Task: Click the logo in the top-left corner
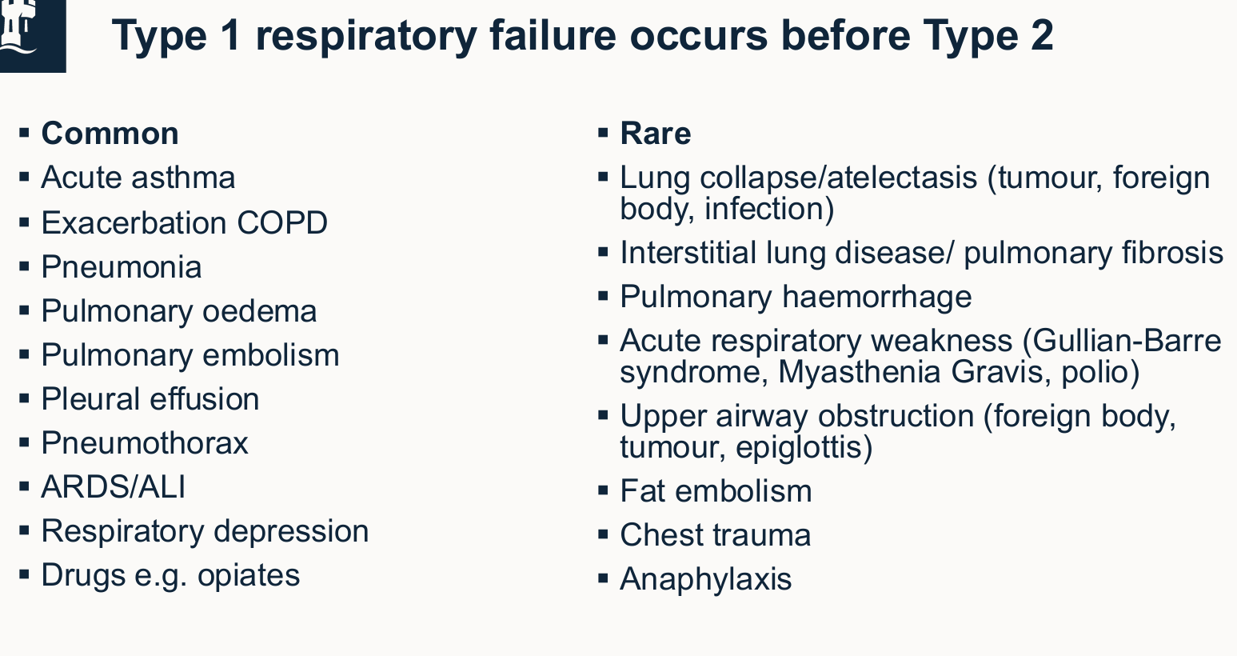[33, 36]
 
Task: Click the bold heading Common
[110, 134]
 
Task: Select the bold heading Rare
[656, 134]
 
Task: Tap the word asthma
[183, 178]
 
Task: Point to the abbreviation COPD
[282, 222]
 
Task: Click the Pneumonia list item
[122, 267]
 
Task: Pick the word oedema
[260, 311]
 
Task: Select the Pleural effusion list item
[150, 399]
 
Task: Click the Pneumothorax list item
[145, 443]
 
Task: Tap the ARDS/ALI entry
[114, 487]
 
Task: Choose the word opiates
[249, 576]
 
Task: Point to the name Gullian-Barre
[1122, 341]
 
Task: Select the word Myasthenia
[860, 372]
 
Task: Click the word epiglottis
[804, 448]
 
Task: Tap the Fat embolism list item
[716, 491]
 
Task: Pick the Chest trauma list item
[715, 535]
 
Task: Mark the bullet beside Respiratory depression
[24, 531]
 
